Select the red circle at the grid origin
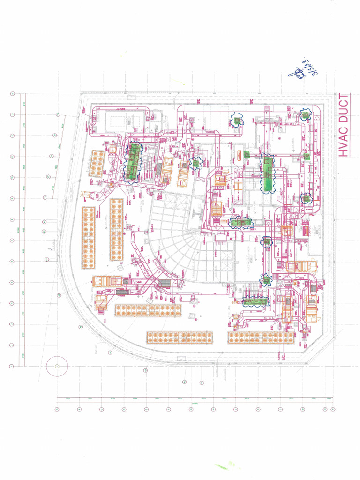(57, 366)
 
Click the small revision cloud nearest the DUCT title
(306, 114)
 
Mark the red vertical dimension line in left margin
(25, 230)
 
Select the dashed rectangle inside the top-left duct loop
(117, 120)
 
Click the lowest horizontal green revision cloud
(255, 302)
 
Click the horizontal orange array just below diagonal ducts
(148, 310)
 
